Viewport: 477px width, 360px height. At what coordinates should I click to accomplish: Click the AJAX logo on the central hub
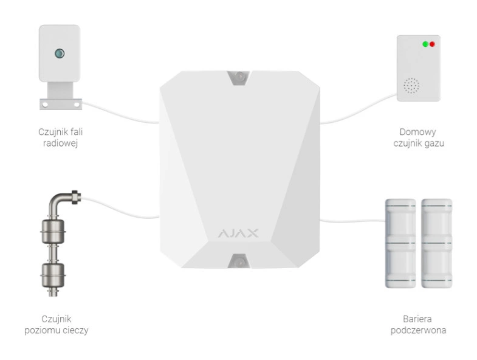click(238, 234)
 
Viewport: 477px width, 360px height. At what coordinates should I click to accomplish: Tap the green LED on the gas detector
click(425, 44)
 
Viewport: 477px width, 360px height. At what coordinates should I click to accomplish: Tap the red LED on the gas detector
click(432, 44)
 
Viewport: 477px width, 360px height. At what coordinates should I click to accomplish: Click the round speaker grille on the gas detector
click(411, 86)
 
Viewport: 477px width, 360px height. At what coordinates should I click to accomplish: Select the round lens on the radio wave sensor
click(60, 54)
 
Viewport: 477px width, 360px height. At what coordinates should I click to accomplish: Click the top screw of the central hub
click(240, 76)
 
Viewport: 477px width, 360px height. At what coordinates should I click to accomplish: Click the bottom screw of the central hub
click(240, 262)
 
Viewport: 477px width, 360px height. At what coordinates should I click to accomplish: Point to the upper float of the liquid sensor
click(53, 232)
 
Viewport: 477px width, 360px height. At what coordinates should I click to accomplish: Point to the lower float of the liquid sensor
click(53, 275)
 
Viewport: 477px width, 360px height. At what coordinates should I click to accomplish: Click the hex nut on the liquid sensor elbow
click(76, 197)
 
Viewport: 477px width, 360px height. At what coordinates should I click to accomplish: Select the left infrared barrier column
click(400, 243)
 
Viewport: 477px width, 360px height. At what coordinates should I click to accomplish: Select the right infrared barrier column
click(437, 243)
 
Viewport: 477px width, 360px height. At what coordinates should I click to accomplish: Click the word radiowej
click(60, 143)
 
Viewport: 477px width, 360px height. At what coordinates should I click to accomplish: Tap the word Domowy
click(417, 132)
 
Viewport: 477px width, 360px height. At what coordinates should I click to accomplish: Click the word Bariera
click(417, 319)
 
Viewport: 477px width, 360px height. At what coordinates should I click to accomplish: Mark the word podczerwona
click(418, 330)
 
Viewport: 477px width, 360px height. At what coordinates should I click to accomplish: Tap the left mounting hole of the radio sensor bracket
click(45, 105)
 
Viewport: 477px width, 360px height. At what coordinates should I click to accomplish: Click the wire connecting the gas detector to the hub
click(359, 112)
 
